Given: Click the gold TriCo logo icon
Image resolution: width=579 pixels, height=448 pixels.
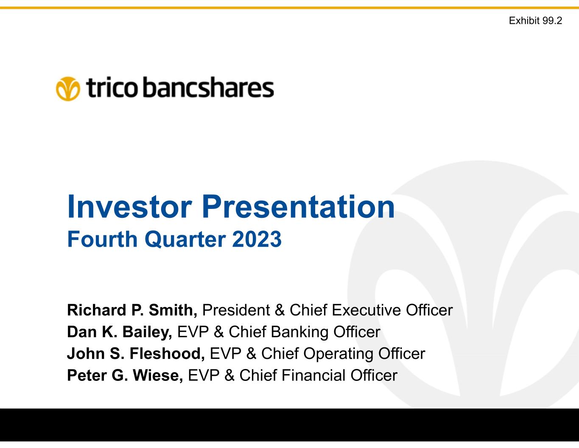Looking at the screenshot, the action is click(x=68, y=89).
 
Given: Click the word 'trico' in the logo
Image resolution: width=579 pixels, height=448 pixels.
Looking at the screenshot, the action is click(x=112, y=87).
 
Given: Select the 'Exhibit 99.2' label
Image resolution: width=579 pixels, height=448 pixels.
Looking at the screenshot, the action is click(x=535, y=20).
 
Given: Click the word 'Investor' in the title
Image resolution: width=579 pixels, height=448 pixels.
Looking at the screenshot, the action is click(x=129, y=207).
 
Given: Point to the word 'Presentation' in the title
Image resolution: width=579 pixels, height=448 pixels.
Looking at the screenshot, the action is click(x=298, y=207).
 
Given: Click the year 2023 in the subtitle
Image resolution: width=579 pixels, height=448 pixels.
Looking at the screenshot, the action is click(x=257, y=239).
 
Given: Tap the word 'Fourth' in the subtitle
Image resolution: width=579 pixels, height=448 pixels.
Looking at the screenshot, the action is click(x=102, y=239).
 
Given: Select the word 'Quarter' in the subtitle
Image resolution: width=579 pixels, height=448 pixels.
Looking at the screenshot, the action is click(x=185, y=239).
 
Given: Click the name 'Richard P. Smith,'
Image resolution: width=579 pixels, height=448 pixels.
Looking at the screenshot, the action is click(x=132, y=310).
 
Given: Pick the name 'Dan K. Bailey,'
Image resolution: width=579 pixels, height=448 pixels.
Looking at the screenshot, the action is click(x=120, y=332).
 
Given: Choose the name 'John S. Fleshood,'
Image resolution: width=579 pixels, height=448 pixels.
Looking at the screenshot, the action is click(x=136, y=353).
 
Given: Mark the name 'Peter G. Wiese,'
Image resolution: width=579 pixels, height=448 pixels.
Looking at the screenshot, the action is click(x=125, y=375).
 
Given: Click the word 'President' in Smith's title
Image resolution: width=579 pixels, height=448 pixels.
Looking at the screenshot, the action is click(x=236, y=310).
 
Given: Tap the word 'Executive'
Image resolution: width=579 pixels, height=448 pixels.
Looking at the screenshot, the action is click(x=366, y=310).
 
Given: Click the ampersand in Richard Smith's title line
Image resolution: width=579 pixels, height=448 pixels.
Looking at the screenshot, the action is click(x=280, y=310).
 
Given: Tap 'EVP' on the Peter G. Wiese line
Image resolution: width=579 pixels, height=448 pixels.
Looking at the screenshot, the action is click(x=204, y=375).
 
